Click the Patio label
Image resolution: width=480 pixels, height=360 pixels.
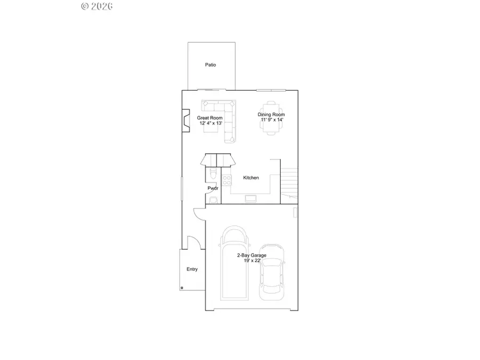[211, 65]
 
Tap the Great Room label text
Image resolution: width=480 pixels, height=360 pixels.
[210, 117]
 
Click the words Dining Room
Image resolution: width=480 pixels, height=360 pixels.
[271, 115]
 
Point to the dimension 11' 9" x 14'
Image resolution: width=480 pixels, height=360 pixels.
[271, 120]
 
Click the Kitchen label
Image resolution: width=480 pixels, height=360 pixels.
[251, 178]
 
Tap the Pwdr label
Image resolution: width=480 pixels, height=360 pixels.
[213, 188]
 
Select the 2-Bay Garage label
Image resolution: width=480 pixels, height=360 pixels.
[252, 255]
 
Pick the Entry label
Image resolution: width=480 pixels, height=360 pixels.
[192, 269]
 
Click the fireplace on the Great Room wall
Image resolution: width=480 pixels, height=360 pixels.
[185, 120]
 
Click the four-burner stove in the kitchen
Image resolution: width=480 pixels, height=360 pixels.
[226, 180]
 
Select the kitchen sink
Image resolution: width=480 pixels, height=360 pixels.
[251, 199]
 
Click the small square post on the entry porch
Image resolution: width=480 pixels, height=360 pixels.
[182, 288]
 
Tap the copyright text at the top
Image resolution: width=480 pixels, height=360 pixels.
[97, 6]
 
